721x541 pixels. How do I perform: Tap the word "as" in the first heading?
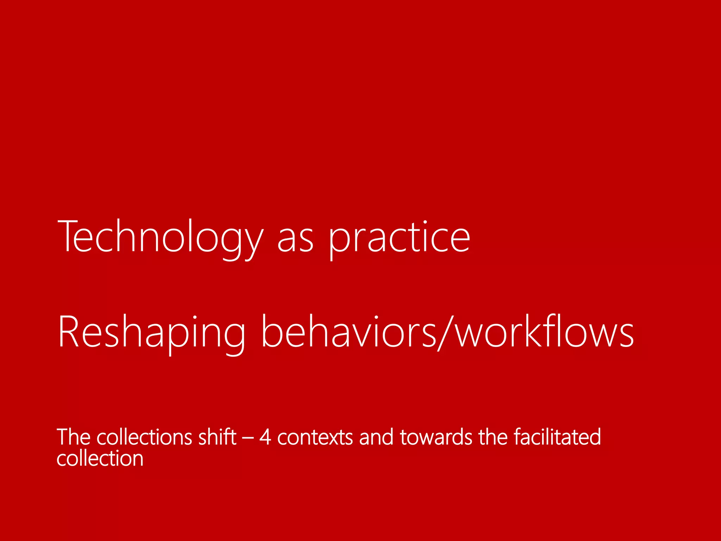point(295,240)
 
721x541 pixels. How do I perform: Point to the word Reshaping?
point(151,333)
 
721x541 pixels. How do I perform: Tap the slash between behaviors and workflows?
point(445,333)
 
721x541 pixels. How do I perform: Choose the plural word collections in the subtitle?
point(144,437)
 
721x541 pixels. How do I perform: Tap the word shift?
point(217,437)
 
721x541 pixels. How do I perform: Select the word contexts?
point(315,438)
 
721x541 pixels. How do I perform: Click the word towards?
point(436,437)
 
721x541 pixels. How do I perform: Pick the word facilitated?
point(557,437)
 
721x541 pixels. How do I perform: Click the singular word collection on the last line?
point(100,459)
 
